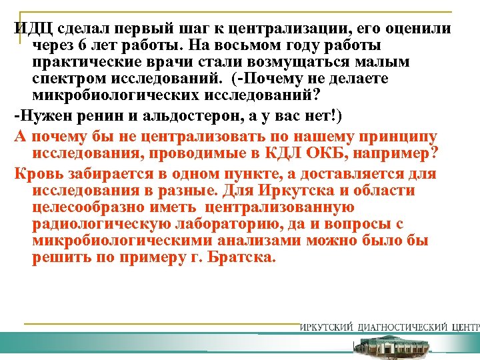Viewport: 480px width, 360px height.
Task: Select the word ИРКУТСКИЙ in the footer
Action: tap(326, 327)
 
